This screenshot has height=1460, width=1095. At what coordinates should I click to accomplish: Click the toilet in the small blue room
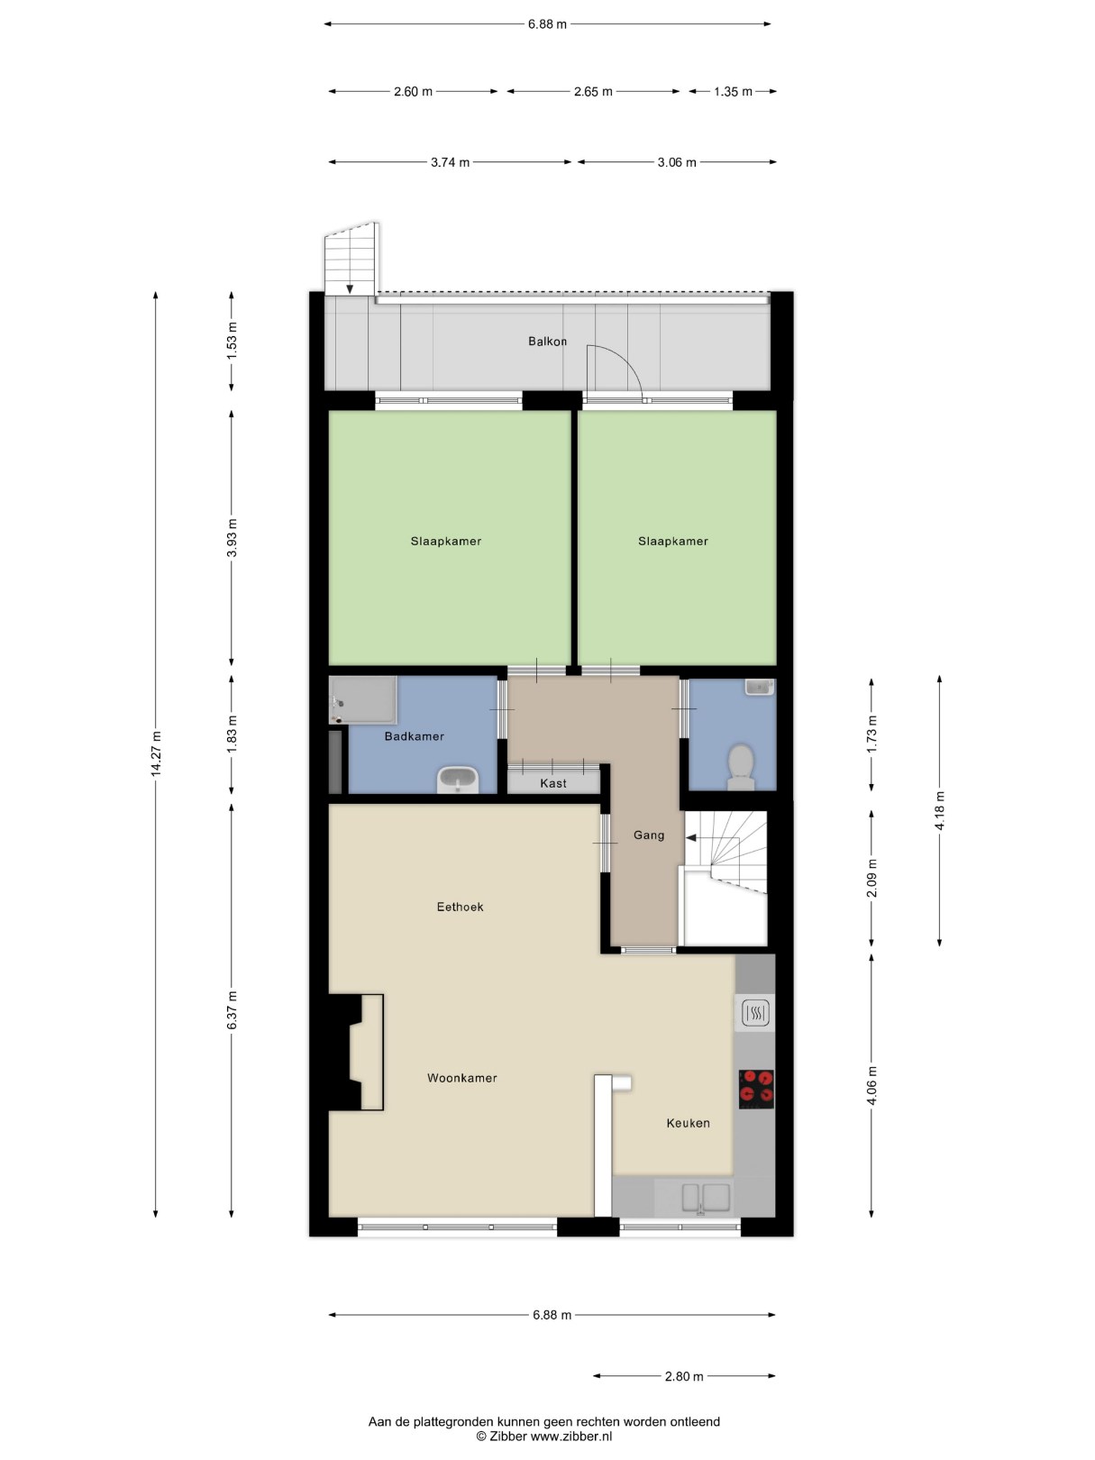click(x=740, y=767)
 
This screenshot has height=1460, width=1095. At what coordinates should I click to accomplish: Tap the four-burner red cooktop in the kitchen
click(x=757, y=1089)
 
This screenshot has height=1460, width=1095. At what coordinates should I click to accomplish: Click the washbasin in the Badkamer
click(x=458, y=780)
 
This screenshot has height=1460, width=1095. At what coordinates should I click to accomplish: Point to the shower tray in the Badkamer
click(x=364, y=699)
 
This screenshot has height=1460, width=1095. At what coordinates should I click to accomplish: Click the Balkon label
click(x=547, y=342)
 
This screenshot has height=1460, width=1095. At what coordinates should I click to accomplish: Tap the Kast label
click(x=553, y=783)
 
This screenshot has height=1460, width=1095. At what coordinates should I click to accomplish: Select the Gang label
click(x=648, y=835)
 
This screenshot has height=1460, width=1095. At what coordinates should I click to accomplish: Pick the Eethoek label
click(x=460, y=907)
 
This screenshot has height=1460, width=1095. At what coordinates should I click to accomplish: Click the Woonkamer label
click(x=462, y=1078)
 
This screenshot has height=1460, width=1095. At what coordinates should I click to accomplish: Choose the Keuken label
click(x=689, y=1124)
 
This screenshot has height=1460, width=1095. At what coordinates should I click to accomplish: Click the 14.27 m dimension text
click(x=156, y=753)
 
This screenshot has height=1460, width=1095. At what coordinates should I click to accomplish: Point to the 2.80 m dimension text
click(x=684, y=1376)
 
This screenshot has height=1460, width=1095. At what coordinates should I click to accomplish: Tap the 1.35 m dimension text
click(x=733, y=92)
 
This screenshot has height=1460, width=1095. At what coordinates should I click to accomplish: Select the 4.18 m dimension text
click(x=939, y=811)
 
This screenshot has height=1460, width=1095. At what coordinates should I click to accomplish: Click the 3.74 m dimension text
click(x=450, y=162)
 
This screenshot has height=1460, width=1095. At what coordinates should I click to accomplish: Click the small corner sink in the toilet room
click(x=759, y=687)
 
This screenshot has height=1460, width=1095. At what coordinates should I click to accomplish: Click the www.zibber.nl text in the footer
click(x=571, y=1436)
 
